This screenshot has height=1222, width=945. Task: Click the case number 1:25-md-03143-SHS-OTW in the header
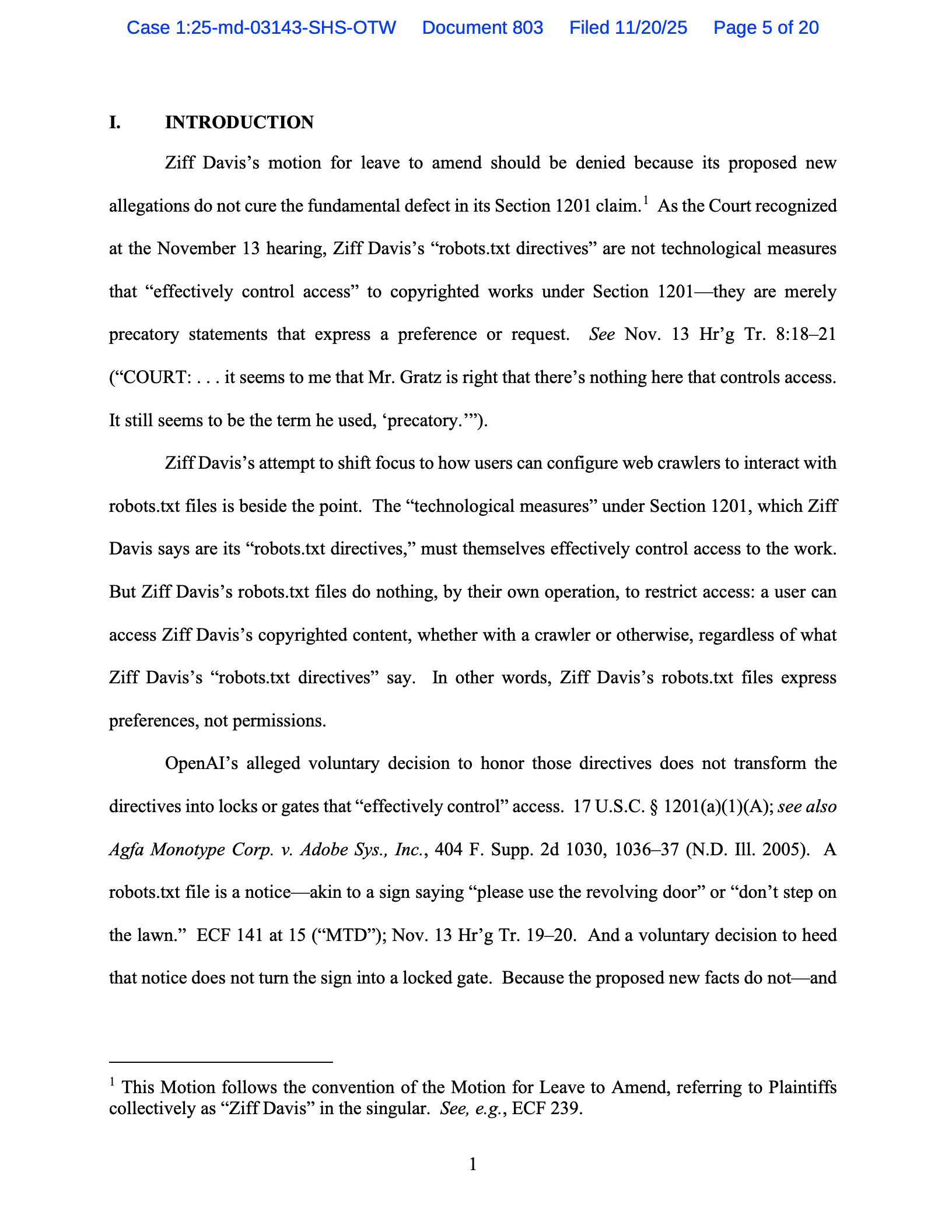click(x=261, y=27)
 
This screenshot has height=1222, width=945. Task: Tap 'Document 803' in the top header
click(x=482, y=27)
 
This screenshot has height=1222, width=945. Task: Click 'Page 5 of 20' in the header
click(x=766, y=27)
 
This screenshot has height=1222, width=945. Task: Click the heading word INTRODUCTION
click(x=239, y=122)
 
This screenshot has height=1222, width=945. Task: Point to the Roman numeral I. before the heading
click(x=115, y=122)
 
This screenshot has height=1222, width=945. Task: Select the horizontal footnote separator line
click(x=220, y=1063)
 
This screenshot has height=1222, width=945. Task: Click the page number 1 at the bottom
click(x=473, y=1165)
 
